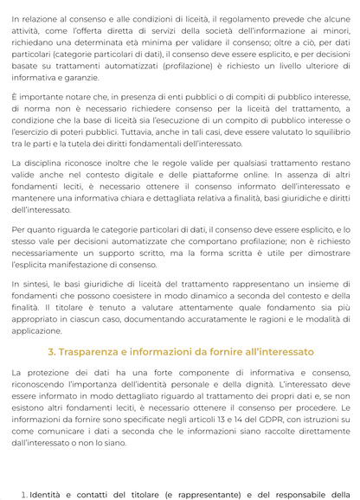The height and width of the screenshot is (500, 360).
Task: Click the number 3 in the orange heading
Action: point(51,352)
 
